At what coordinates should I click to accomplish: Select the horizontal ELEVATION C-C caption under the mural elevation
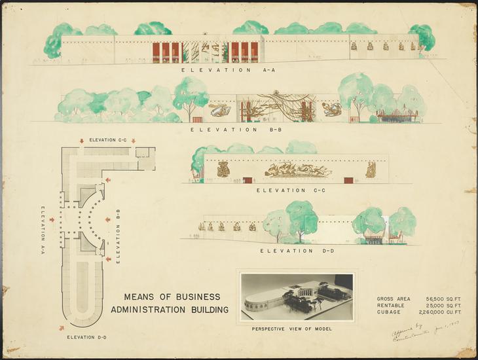[x=285, y=190]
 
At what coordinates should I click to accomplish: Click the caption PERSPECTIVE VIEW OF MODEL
[x=292, y=328]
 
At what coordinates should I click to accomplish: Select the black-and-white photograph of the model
[x=297, y=297]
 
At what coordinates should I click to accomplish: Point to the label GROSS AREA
[x=394, y=299]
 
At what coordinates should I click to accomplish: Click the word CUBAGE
[x=390, y=312]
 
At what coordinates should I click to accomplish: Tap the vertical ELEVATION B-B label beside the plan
[x=119, y=236]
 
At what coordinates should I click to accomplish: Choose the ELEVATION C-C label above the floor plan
[x=107, y=140]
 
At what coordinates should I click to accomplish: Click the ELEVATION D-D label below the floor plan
[x=86, y=337]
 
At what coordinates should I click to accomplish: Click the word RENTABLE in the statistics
[x=392, y=306]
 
